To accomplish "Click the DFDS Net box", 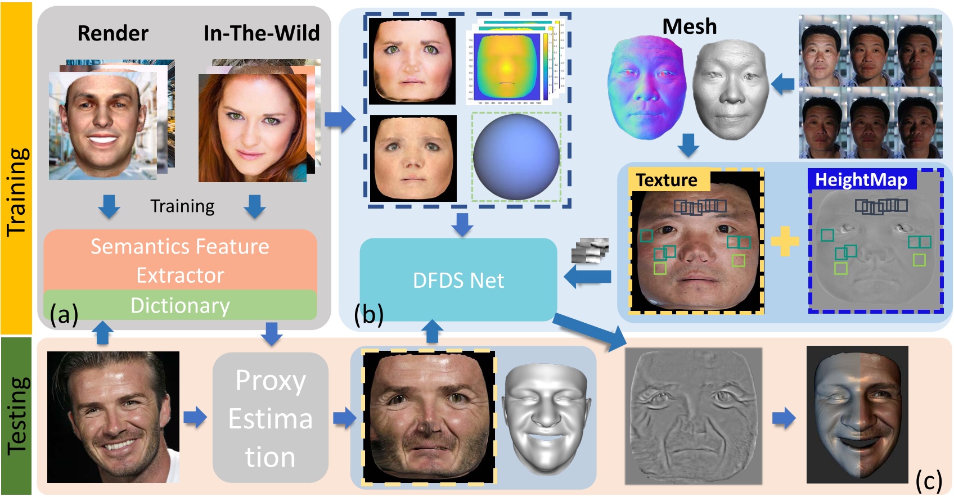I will pyautogui.click(x=458, y=279).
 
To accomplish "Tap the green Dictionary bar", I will pyautogui.click(x=180, y=305).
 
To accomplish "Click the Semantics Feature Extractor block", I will pyautogui.click(x=180, y=260).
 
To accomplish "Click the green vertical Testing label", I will pyautogui.click(x=16, y=416).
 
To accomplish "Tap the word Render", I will pyautogui.click(x=112, y=33).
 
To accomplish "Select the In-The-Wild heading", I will pyautogui.click(x=261, y=33).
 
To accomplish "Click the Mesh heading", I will pyautogui.click(x=689, y=26).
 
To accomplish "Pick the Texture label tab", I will pyautogui.click(x=667, y=180).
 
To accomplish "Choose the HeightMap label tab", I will pyautogui.click(x=861, y=179).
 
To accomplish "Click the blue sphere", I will pyautogui.click(x=516, y=157).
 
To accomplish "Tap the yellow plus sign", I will pyautogui.click(x=785, y=241).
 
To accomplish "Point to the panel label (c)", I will pyautogui.click(x=928, y=481).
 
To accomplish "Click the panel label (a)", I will pyautogui.click(x=64, y=314).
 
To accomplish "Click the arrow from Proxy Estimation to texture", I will pyautogui.click(x=344, y=418).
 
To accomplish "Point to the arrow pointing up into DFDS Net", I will pyautogui.click(x=432, y=332).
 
